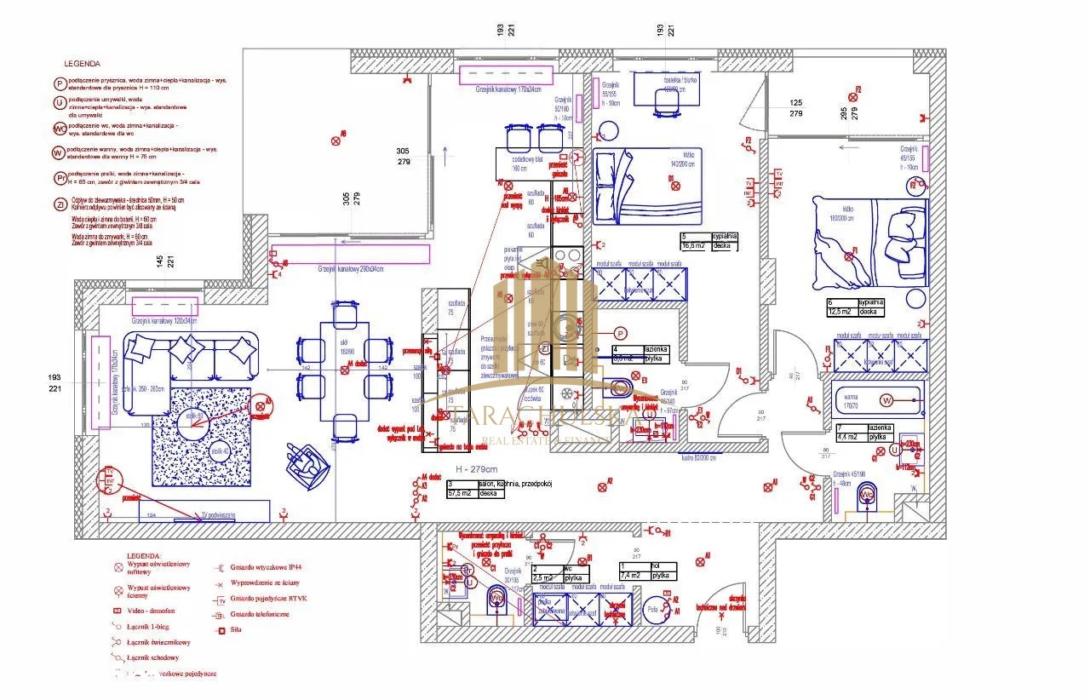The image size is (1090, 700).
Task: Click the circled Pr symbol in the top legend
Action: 60,178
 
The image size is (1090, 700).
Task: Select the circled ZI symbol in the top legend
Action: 60,204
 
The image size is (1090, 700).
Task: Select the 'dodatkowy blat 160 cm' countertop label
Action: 527,163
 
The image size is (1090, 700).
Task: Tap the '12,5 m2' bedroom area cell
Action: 840,312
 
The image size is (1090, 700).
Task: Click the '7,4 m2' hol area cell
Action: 633,576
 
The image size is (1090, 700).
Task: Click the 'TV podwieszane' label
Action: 217,514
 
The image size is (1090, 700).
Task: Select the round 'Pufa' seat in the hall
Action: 654,610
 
